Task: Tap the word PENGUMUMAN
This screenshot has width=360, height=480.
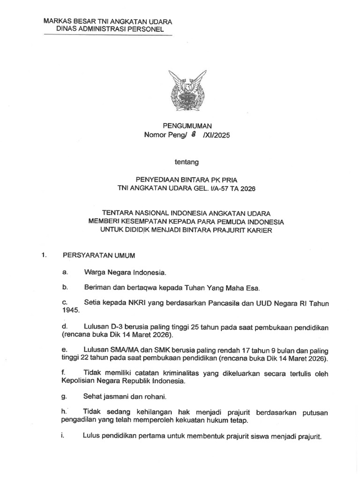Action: [187, 126]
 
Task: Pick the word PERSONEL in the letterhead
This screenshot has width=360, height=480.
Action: [145, 29]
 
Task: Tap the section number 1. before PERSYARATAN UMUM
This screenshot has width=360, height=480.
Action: [45, 255]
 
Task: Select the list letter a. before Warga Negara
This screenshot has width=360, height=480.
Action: [65, 272]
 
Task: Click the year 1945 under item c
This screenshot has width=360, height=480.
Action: [68, 310]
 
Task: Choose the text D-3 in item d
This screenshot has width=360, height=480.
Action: [119, 326]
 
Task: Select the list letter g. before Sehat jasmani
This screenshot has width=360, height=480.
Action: [65, 397]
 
